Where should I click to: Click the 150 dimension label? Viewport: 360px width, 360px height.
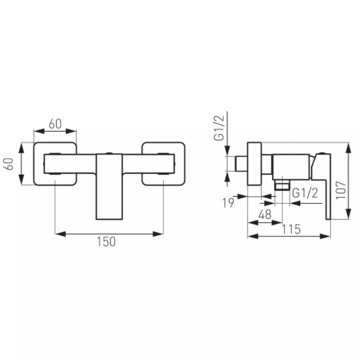point(106,242)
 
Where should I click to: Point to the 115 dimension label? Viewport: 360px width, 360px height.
point(291,229)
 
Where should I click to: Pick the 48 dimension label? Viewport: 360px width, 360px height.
point(265,214)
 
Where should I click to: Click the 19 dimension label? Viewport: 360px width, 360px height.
point(228,203)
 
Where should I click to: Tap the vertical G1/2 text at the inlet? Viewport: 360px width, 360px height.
point(219,128)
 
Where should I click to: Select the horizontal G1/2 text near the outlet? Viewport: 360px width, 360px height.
point(305,193)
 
